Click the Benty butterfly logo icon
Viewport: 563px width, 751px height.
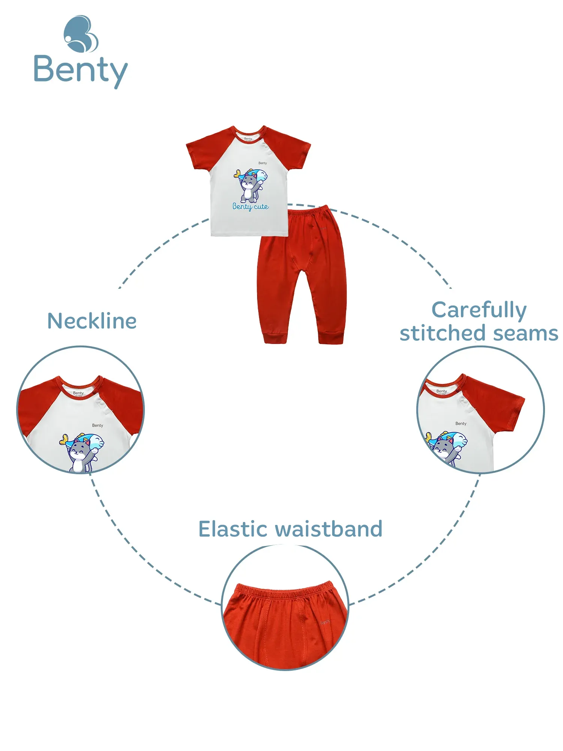click(x=81, y=34)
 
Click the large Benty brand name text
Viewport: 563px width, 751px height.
click(x=81, y=70)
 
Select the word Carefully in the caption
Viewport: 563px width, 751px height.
click(x=479, y=310)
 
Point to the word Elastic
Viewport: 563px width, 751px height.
click(x=235, y=529)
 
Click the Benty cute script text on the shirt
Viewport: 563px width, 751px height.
click(x=250, y=207)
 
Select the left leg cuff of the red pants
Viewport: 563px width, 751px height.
click(x=276, y=338)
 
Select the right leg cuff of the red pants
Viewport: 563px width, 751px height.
click(x=331, y=338)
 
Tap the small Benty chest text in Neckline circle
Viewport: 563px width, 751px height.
click(x=98, y=425)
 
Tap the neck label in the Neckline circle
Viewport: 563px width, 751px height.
click(x=78, y=393)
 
